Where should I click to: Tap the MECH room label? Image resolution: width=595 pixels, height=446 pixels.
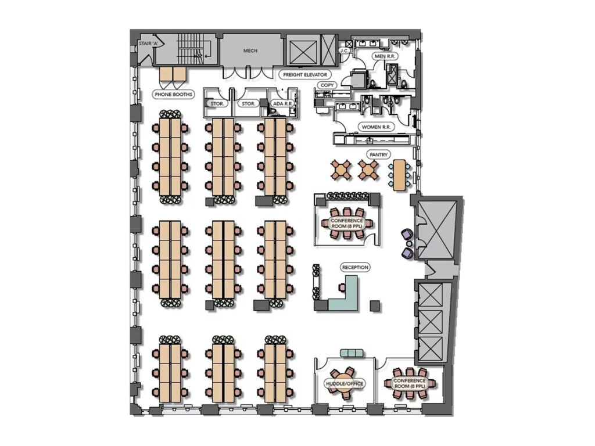[x=250, y=51]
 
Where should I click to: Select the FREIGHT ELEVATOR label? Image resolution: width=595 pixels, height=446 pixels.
[x=305, y=75]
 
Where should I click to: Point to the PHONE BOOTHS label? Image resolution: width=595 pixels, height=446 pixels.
[x=173, y=94]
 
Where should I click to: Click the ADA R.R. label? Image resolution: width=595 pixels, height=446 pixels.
[x=282, y=103]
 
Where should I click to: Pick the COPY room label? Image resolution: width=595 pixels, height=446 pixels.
[x=327, y=85]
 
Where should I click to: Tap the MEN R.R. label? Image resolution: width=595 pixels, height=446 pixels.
[x=385, y=56]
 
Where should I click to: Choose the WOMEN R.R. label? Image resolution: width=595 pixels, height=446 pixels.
[x=376, y=127]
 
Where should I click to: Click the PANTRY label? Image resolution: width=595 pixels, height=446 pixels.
[x=379, y=154]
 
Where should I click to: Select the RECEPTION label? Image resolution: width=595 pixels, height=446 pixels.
[x=355, y=267]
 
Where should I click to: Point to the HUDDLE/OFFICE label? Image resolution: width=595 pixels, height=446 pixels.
[x=345, y=383]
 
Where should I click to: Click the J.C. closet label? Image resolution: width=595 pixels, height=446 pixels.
[x=344, y=51]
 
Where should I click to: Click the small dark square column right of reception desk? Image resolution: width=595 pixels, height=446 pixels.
[x=375, y=305]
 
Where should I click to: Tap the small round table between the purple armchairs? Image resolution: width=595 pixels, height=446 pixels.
[x=409, y=243]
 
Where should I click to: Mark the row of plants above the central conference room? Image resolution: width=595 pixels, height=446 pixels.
[x=348, y=196]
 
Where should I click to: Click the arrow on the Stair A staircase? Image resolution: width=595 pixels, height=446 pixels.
[x=205, y=56]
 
